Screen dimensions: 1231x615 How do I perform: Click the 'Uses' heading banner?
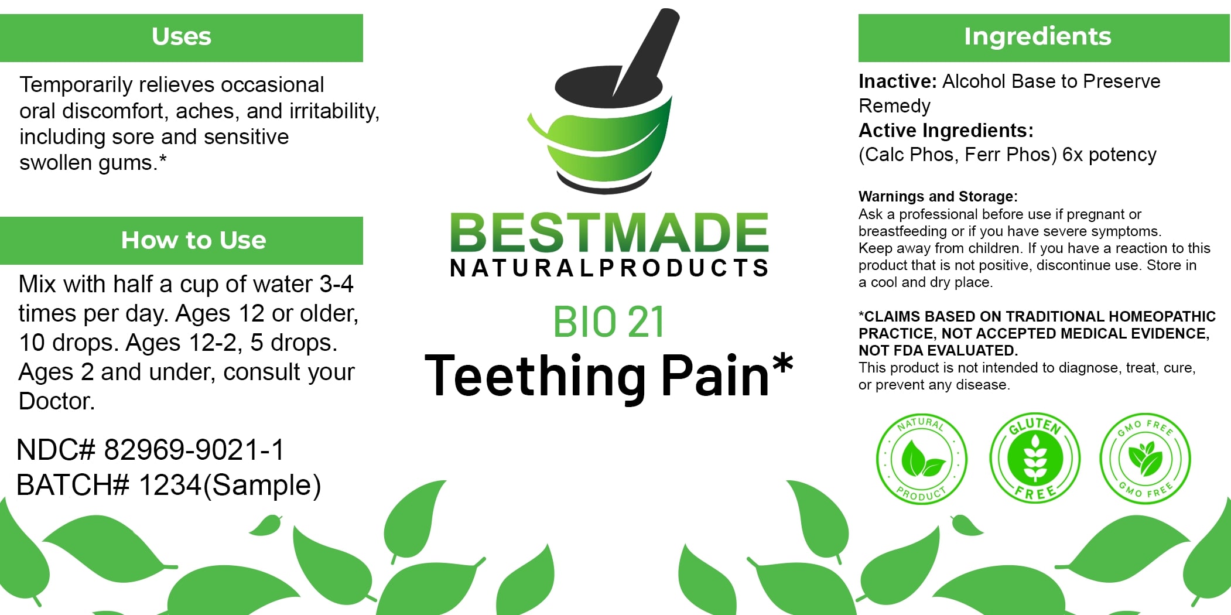(x=182, y=37)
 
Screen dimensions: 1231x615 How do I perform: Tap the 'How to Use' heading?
(x=193, y=240)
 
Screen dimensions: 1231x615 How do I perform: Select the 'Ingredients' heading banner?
(x=1044, y=37)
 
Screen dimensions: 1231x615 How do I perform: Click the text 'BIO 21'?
(x=609, y=322)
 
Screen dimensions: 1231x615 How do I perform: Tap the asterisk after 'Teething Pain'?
(x=782, y=364)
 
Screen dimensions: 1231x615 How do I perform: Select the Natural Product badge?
(x=922, y=458)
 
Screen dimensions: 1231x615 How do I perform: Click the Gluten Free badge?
(x=1035, y=458)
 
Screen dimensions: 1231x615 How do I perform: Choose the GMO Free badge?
(x=1145, y=458)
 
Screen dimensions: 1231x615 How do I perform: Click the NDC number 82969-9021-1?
(x=194, y=450)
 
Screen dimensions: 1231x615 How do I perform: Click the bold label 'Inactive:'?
(x=898, y=81)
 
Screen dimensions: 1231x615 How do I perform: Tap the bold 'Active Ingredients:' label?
(x=946, y=130)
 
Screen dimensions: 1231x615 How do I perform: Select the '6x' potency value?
(x=1073, y=155)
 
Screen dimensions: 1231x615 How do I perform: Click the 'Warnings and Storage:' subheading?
(x=938, y=196)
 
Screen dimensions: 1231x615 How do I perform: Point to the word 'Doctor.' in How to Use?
(x=57, y=401)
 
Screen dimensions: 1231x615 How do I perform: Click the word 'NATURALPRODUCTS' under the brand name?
(x=609, y=268)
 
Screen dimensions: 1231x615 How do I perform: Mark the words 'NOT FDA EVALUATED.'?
(x=938, y=350)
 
